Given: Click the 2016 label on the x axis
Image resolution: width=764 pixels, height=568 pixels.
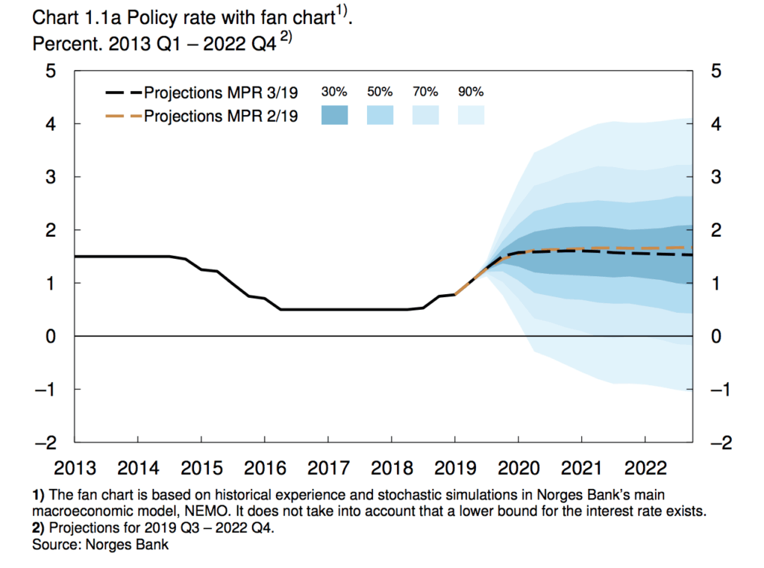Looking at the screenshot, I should [x=266, y=468].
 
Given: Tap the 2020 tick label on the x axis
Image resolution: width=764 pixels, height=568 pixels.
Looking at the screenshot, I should [x=519, y=468].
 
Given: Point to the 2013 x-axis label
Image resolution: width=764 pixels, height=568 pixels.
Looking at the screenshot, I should [x=75, y=468].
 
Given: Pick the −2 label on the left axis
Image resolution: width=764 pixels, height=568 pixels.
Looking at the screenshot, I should [x=47, y=443].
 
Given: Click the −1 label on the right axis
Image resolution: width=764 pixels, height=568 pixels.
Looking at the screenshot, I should [x=719, y=390].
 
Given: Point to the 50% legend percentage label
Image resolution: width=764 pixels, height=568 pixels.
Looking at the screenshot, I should [x=380, y=93].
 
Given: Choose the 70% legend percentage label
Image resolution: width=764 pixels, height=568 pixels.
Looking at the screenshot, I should [x=425, y=93].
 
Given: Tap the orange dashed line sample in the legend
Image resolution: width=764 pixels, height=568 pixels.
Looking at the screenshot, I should [x=123, y=116].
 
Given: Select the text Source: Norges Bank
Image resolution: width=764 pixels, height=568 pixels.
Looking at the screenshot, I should [x=100, y=545].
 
